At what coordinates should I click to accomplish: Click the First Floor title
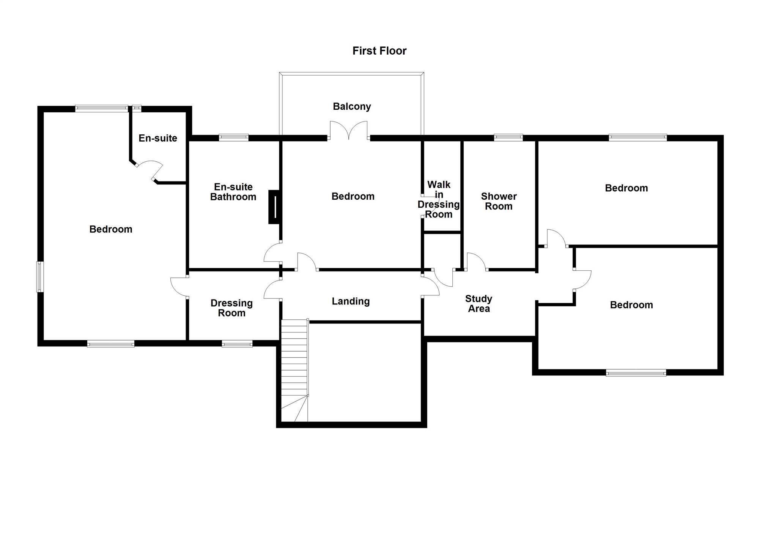click(x=379, y=51)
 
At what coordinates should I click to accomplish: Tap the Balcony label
click(x=352, y=107)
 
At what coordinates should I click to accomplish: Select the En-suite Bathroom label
click(x=233, y=192)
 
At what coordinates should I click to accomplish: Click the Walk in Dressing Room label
click(x=439, y=199)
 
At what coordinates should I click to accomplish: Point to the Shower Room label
click(x=499, y=201)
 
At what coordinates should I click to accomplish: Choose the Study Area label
click(x=479, y=304)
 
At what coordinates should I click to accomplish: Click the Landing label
click(x=351, y=301)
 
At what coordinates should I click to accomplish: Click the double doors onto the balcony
click(x=349, y=131)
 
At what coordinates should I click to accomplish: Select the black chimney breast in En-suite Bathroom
click(x=274, y=207)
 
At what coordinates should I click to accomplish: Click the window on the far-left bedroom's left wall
click(x=40, y=277)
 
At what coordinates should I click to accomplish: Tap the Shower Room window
click(x=508, y=137)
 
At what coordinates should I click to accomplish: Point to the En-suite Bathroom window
click(x=234, y=137)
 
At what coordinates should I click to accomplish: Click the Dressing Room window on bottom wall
click(x=237, y=344)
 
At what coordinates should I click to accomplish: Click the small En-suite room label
click(x=158, y=138)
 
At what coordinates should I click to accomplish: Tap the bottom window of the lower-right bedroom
click(x=636, y=373)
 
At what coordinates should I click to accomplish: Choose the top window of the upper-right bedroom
click(x=638, y=137)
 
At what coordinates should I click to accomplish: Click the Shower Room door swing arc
click(x=476, y=261)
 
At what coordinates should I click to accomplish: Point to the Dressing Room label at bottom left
click(x=231, y=308)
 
